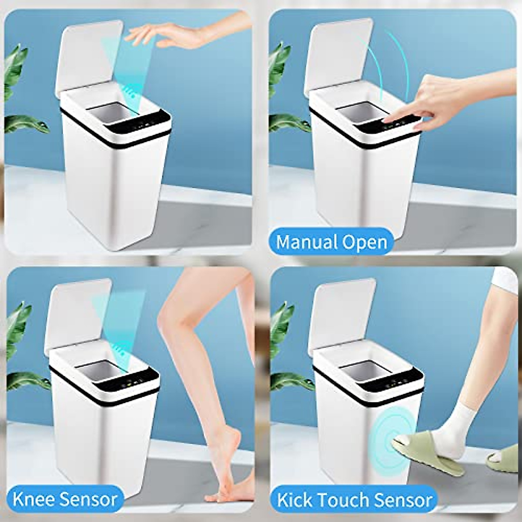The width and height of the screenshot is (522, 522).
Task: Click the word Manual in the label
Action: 305,242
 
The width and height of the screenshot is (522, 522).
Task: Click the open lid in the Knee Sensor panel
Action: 78,318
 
